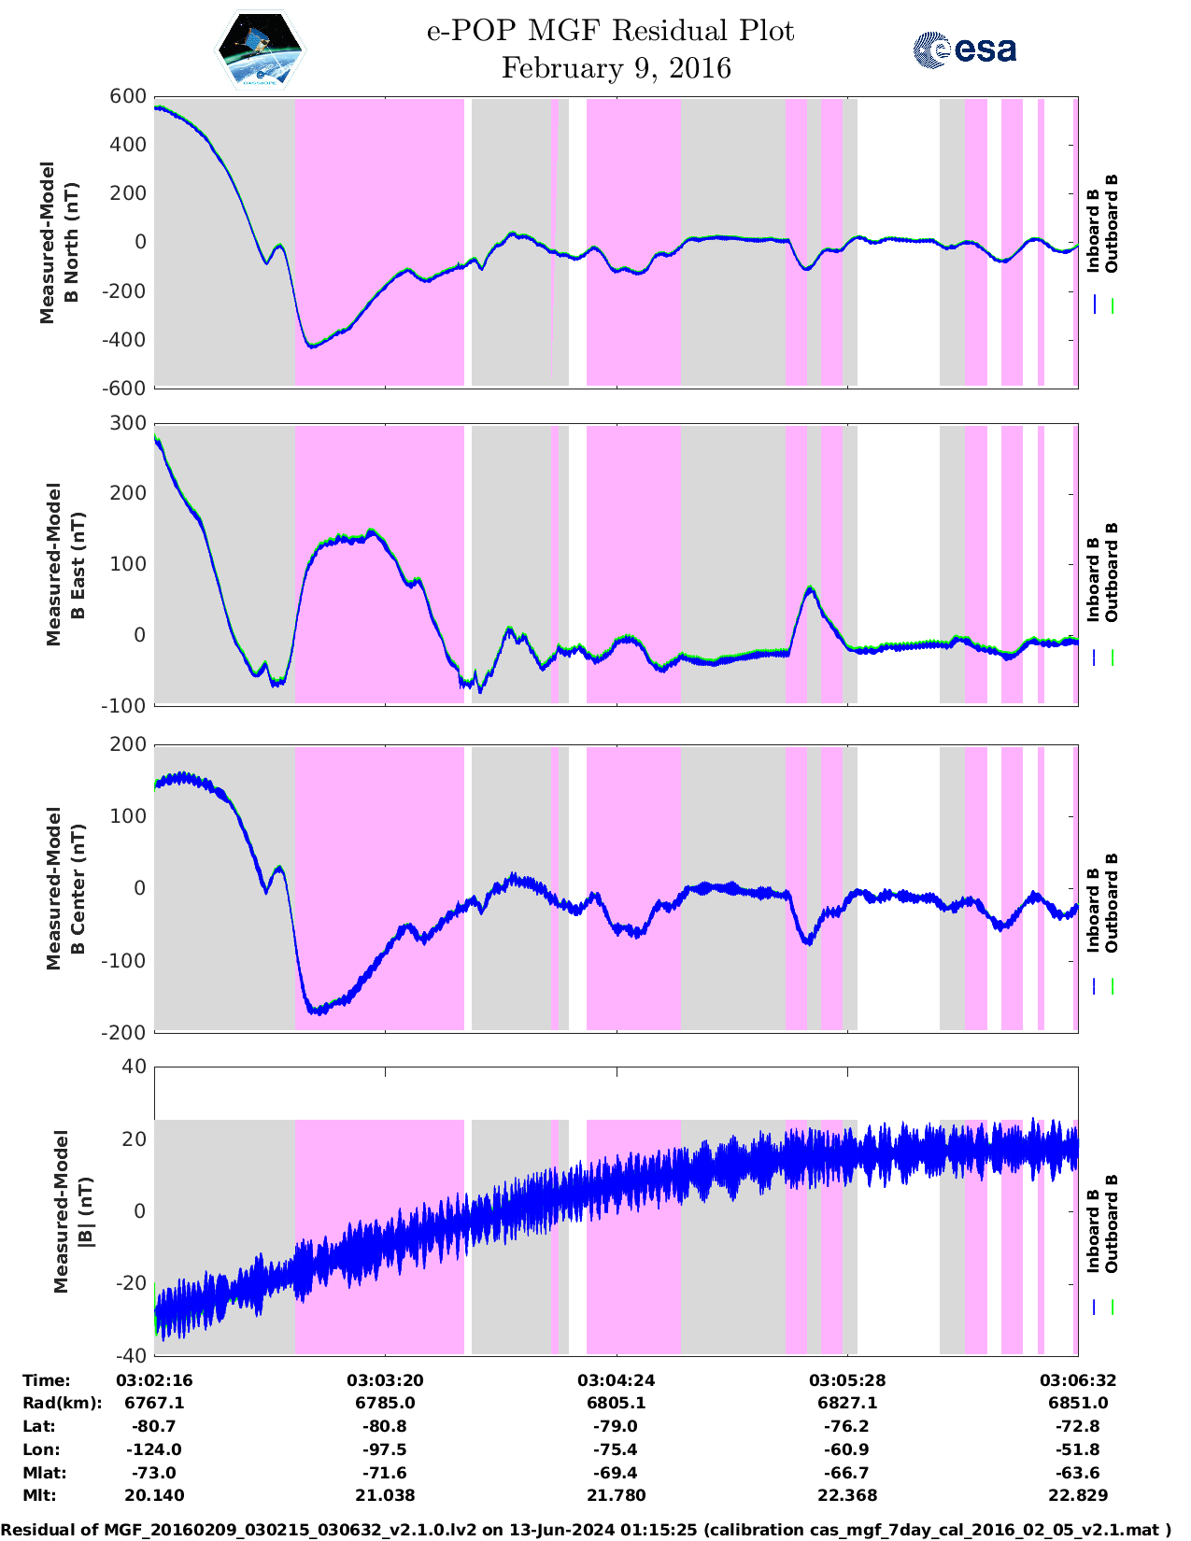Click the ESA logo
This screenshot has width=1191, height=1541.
point(964,49)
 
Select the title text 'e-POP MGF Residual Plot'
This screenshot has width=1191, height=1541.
point(610,31)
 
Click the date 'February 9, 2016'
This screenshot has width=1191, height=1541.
point(616,68)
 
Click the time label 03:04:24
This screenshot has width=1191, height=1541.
point(616,1379)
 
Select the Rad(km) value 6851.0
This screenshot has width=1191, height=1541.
point(1078,1403)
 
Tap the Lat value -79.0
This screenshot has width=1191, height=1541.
point(616,1426)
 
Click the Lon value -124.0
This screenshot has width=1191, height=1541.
point(154,1449)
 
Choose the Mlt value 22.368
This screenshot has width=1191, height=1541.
point(847,1495)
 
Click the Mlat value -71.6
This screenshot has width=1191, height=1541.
point(385,1473)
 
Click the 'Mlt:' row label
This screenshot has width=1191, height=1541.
point(39,1495)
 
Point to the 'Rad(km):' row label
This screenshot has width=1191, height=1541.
point(62,1403)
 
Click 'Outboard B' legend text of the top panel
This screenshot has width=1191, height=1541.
point(1111,224)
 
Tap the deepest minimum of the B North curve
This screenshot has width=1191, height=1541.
point(312,346)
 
